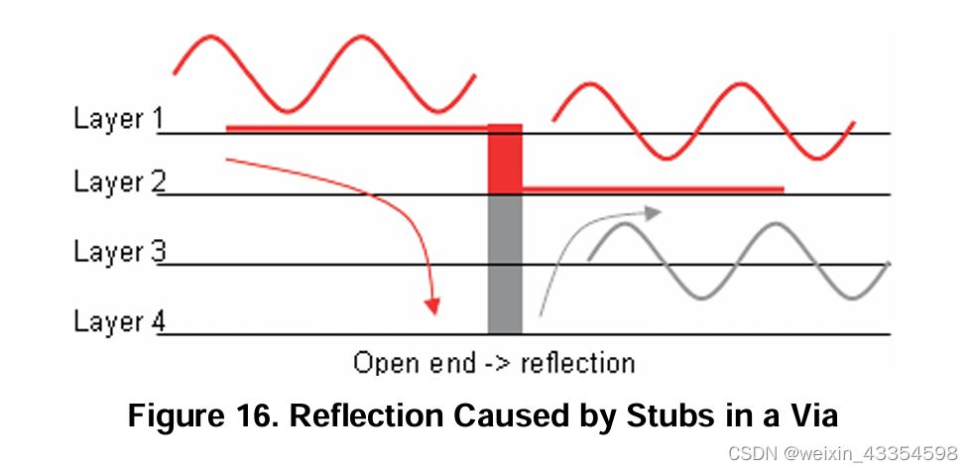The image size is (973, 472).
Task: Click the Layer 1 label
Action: click(117, 119)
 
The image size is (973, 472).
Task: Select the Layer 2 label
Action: click(117, 182)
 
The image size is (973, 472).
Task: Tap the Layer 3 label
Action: click(117, 252)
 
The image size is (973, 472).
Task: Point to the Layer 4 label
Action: click(117, 322)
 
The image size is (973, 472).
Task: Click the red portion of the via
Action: click(505, 159)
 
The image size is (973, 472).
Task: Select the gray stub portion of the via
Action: click(505, 263)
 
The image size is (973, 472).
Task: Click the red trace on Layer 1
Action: click(357, 127)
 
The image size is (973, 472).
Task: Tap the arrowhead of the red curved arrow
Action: click(431, 304)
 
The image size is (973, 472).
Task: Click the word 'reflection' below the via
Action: click(576, 362)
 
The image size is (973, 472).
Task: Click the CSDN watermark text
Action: click(843, 452)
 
